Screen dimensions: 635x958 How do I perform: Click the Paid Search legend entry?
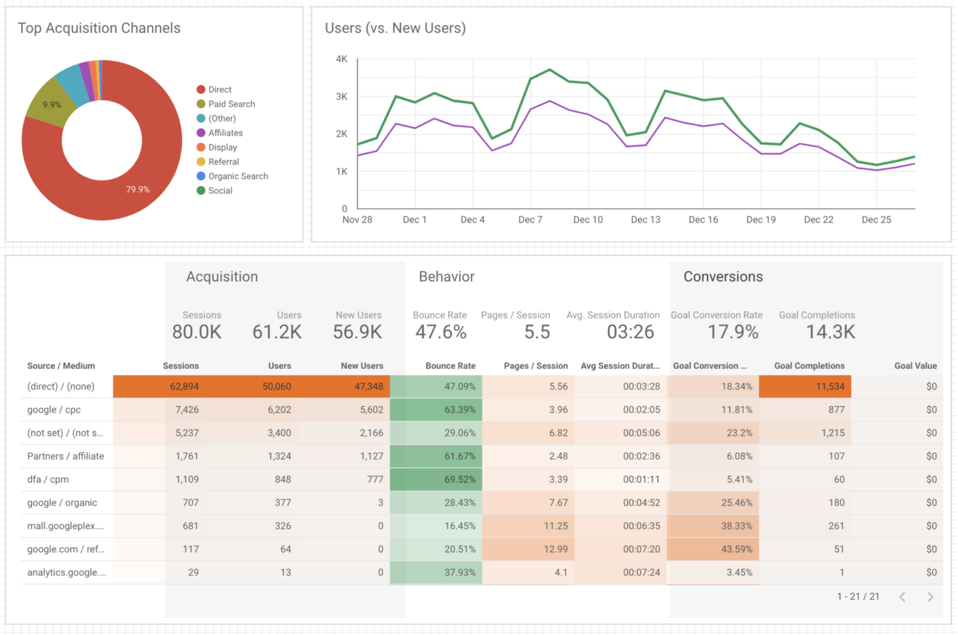click(231, 104)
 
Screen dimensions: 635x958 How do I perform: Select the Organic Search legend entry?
click(238, 176)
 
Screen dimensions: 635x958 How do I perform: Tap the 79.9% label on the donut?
click(138, 189)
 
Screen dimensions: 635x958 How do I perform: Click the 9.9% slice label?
click(52, 105)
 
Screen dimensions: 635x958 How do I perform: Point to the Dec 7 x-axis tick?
click(530, 220)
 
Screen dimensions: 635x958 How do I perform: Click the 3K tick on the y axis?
click(342, 97)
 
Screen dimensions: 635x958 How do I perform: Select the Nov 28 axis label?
click(357, 220)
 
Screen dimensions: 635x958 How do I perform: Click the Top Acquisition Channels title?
click(99, 28)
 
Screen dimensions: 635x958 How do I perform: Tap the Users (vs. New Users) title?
click(395, 28)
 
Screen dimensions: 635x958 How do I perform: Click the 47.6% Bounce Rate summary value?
click(441, 332)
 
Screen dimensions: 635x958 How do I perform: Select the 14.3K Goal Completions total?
click(831, 332)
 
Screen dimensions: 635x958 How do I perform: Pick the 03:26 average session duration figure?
click(631, 332)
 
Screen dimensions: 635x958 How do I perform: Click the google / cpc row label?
click(54, 410)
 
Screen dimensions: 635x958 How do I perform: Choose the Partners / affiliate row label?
click(65, 456)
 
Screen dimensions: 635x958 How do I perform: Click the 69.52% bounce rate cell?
click(460, 480)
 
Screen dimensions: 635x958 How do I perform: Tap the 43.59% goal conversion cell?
click(737, 550)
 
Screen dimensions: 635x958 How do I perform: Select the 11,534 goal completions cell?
click(830, 387)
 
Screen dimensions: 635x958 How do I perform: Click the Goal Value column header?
click(915, 366)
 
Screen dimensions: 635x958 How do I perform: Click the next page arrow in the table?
click(931, 597)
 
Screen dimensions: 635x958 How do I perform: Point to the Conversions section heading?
click(723, 277)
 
